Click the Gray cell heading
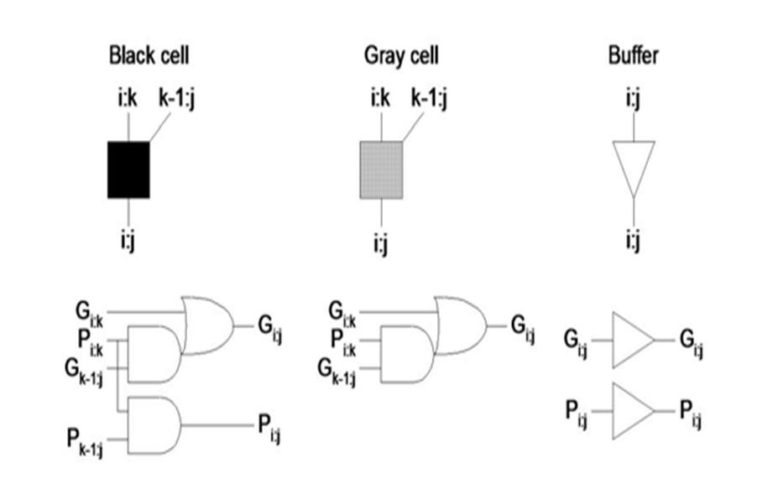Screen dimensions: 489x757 [x=400, y=56]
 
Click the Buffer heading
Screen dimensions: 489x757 [x=633, y=56]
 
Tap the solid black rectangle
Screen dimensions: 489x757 [x=128, y=169]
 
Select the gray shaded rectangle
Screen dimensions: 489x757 [x=382, y=169]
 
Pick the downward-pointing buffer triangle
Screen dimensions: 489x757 [x=634, y=168]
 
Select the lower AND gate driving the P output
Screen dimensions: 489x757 [x=154, y=425]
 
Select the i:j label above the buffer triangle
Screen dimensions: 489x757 [x=634, y=102]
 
